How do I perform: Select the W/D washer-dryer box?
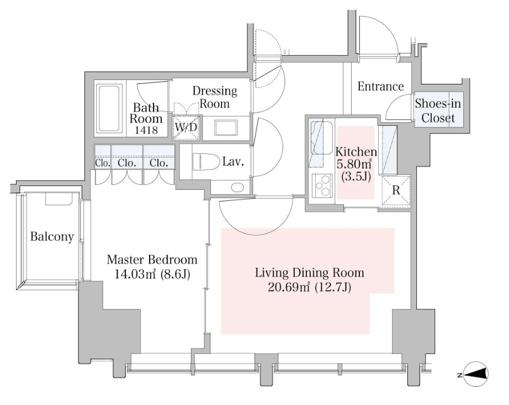[x=186, y=127]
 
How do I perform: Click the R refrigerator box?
[x=396, y=190]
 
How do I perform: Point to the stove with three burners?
[x=322, y=185]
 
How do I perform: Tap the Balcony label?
[x=52, y=237]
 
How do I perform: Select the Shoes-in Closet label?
[x=438, y=111]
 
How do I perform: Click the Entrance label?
[x=380, y=86]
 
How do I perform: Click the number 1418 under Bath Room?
[x=146, y=130]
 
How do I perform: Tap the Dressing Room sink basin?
[x=226, y=128]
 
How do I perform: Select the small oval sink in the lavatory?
[x=237, y=187]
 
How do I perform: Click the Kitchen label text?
[x=356, y=152]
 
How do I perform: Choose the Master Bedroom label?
[x=152, y=260]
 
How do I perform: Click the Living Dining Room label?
[x=309, y=273]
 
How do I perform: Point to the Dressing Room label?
[x=215, y=97]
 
